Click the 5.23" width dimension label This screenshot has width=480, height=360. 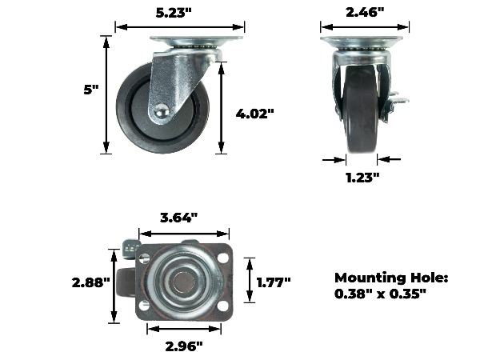point(174,13)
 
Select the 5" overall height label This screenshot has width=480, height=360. point(91,90)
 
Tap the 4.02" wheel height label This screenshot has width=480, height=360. point(254,114)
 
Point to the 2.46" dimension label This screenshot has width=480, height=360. point(365,12)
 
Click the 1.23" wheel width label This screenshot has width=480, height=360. point(362,178)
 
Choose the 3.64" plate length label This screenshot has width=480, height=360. point(178,218)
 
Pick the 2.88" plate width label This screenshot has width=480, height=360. point(90,282)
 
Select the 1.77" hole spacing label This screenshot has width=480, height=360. point(274,282)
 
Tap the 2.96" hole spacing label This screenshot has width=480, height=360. point(184,346)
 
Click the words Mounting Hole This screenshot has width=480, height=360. point(391,278)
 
